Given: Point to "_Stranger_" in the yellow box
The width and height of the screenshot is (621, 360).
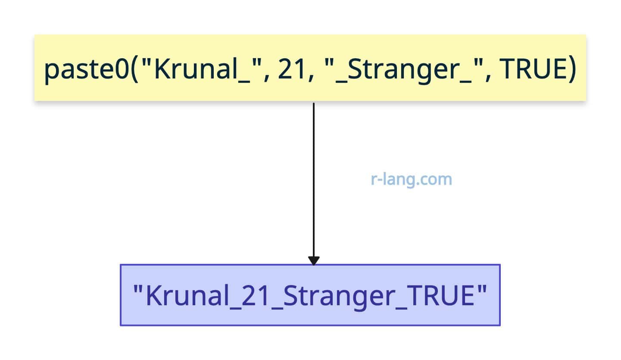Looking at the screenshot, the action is (405, 69).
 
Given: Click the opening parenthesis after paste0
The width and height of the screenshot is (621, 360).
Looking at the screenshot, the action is (134, 69).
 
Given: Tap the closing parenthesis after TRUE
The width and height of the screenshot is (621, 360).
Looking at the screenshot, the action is (572, 69).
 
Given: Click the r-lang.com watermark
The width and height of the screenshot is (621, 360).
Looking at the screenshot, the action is (412, 179).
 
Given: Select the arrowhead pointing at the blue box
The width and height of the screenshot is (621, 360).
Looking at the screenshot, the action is (314, 261).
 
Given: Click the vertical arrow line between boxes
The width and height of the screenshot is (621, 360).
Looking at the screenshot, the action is (314, 180).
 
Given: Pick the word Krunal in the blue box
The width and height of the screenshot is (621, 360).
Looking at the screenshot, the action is (187, 296).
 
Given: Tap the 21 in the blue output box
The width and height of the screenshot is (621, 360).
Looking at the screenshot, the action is (255, 296).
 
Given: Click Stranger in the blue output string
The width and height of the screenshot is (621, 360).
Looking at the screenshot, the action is (339, 297).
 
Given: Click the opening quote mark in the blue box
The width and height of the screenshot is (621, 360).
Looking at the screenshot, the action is (138, 289).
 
